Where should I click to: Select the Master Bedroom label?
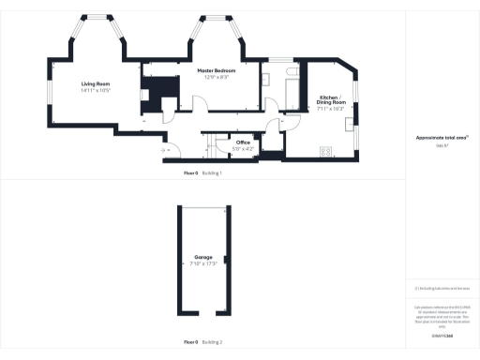pyautogui.click(x=216, y=70)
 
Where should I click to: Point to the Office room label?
pyautogui.click(x=242, y=142)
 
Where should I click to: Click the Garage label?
pyautogui.click(x=202, y=257)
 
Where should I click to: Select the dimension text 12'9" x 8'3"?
pyautogui.click(x=216, y=77)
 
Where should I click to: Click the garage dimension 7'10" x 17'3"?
pyautogui.click(x=202, y=263)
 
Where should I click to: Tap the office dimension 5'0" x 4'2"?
pyautogui.click(x=242, y=149)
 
